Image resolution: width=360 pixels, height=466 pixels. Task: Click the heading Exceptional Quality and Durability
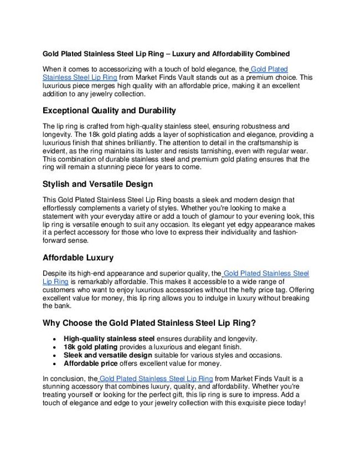[x=109, y=110]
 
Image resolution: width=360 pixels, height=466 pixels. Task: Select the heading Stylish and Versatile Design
[x=97, y=184]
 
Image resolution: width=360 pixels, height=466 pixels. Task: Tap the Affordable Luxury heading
[x=78, y=258]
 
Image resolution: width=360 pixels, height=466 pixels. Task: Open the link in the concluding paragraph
[x=156, y=378]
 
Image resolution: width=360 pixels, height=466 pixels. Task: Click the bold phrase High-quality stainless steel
[x=109, y=339]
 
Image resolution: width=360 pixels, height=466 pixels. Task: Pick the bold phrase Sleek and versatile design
[x=108, y=355]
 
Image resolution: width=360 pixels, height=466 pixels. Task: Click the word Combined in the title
[x=272, y=54]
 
